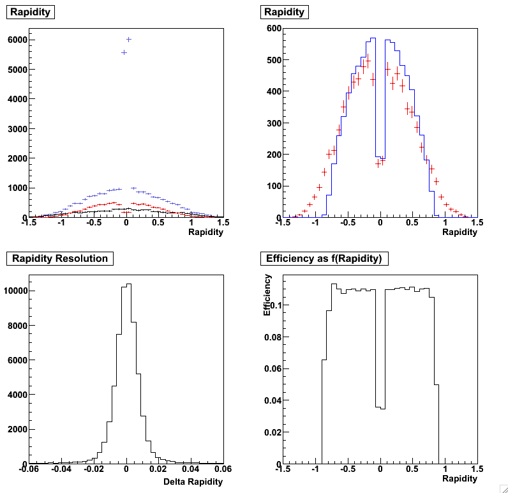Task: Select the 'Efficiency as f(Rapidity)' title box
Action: tap(325, 259)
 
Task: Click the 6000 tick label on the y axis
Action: tap(17, 40)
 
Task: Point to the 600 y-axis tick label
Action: tap(274, 28)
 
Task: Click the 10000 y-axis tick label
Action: tap(14, 291)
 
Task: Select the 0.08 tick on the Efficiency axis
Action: tap(273, 337)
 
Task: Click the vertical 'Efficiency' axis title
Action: tap(268, 296)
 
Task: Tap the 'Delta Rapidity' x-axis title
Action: tap(193, 482)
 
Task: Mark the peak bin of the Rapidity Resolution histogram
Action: tap(130, 284)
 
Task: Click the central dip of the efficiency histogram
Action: tap(380, 407)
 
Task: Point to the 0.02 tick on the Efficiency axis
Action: tap(273, 432)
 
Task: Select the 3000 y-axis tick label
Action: tap(17, 129)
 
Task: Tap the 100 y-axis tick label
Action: tap(274, 186)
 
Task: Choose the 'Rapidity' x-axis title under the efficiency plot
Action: tap(459, 478)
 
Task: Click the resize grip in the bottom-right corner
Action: tap(503, 488)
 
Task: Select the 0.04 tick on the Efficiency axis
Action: tap(273, 400)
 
